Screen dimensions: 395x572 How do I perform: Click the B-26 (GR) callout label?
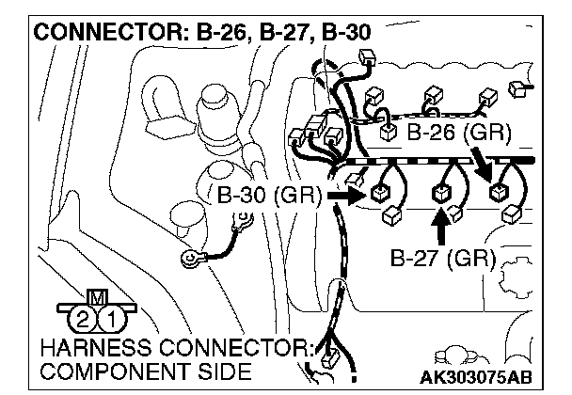pyautogui.click(x=459, y=133)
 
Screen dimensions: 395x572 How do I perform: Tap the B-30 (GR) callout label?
pyautogui.click(x=269, y=197)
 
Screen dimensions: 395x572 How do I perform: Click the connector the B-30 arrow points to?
pyautogui.click(x=381, y=196)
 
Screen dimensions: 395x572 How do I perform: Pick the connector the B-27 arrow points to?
pyautogui.click(x=440, y=196)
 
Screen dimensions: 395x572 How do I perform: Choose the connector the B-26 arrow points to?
pyautogui.click(x=498, y=193)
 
